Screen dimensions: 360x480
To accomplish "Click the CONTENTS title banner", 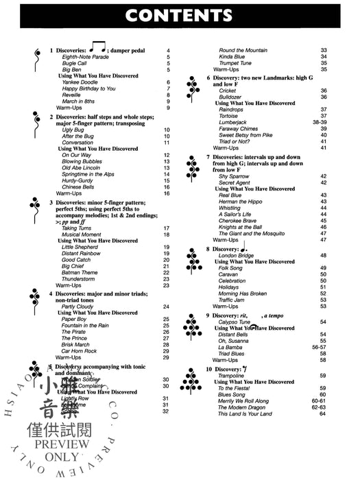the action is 180,15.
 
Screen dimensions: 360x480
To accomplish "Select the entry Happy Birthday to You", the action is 88,89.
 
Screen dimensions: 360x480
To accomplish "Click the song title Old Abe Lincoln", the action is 82,168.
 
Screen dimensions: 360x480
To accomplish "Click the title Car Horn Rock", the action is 80,351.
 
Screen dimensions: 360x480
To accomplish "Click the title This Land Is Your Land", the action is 245,413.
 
